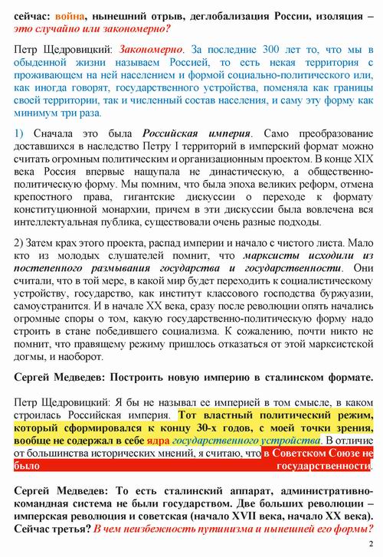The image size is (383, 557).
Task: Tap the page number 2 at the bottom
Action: pyautogui.click(x=368, y=545)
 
